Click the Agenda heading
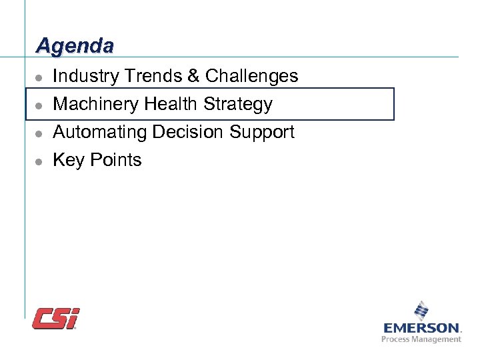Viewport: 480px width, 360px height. pos(75,45)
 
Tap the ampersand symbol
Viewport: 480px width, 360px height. pos(193,77)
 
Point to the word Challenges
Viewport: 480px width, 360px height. pos(251,77)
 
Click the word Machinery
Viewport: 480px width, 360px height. pos(95,105)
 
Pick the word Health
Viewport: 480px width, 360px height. pos(171,105)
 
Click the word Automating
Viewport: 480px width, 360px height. pos(100,132)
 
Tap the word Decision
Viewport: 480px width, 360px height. pos(189,132)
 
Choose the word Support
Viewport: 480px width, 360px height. pos(261,132)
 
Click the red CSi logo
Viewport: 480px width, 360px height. pos(56,318)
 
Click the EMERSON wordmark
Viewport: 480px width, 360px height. pos(422,328)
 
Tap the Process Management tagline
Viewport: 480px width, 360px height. pos(421,339)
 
